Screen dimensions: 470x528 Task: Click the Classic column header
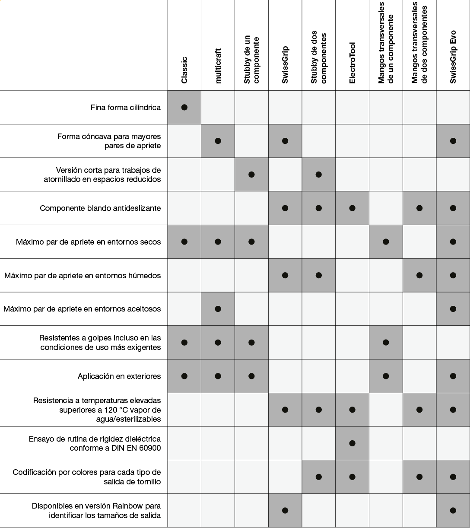184,70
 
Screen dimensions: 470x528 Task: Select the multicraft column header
218,66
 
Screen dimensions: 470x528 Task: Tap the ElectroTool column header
352,63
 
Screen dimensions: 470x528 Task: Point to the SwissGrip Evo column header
453,57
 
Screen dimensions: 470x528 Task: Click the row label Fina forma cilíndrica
126,108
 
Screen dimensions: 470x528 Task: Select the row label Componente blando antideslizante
100,208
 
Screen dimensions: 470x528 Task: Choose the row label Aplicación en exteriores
119,376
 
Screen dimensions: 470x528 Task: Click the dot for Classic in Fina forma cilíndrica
184,108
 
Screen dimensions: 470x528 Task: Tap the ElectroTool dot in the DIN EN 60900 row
352,443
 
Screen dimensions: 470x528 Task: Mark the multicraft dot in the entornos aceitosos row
218,309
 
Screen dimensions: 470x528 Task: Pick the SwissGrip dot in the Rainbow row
285,510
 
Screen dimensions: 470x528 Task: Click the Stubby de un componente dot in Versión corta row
251,175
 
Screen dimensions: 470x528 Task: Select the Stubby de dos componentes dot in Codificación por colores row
319,477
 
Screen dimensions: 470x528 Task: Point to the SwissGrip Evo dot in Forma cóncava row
453,141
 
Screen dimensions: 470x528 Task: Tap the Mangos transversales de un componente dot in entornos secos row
386,242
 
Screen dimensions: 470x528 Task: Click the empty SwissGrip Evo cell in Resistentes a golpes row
453,343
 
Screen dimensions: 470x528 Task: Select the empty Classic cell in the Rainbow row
184,510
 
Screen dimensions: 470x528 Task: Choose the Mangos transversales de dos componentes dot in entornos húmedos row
419,275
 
